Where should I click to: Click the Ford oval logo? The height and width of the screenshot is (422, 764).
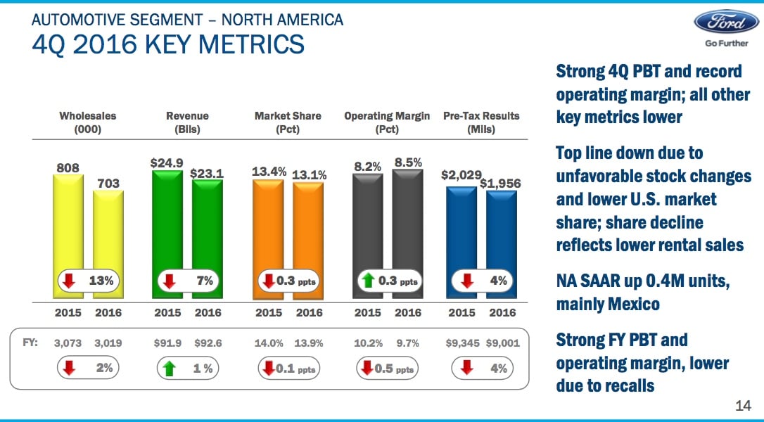726,23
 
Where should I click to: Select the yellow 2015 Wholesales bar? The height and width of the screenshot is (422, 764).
68,225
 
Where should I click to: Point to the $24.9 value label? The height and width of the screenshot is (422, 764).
167,162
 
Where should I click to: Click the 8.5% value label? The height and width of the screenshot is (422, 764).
408,162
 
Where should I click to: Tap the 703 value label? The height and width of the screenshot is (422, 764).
108,183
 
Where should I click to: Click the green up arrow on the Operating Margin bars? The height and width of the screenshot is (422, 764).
367,281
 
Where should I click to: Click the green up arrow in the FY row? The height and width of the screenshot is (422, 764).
167,368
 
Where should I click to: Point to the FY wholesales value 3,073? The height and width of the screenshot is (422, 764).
68,344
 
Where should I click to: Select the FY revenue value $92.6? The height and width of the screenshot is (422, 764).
208,344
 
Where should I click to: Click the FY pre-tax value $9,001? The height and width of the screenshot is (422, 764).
502,344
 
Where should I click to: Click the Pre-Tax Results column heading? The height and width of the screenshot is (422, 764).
481,122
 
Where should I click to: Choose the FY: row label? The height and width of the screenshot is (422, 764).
28,344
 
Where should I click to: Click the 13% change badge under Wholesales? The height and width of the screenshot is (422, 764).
89,281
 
